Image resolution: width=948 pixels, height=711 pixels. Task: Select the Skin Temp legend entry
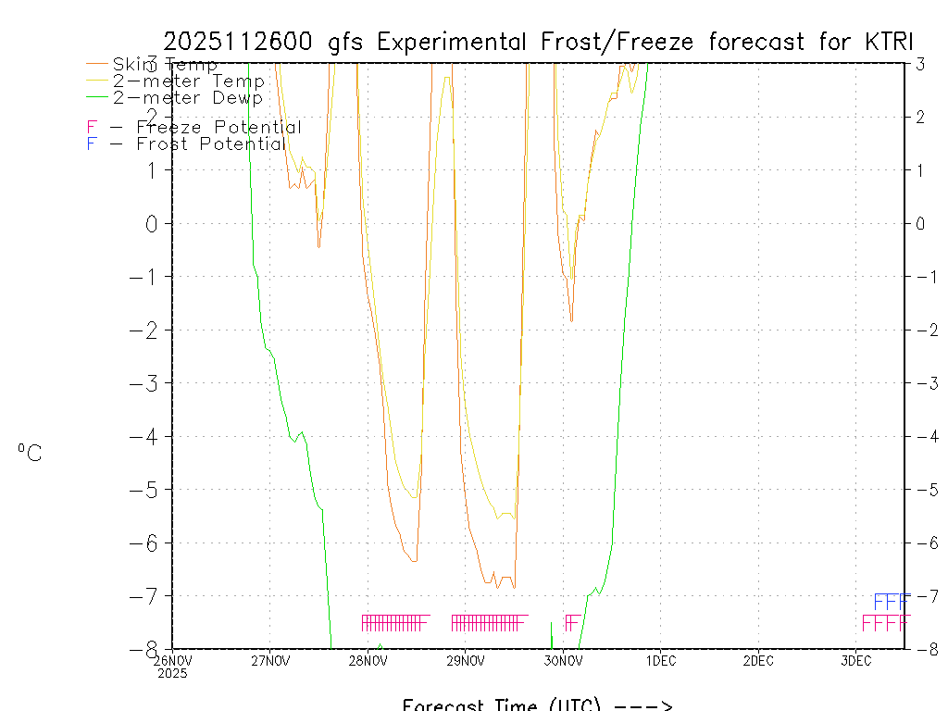(165, 65)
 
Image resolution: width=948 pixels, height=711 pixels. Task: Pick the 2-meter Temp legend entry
(189, 81)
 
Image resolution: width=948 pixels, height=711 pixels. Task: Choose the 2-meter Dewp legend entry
(188, 98)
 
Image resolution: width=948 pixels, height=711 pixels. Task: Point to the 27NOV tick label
(269, 661)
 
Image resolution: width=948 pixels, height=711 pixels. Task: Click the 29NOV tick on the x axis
(466, 661)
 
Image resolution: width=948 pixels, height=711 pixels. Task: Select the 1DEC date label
(660, 661)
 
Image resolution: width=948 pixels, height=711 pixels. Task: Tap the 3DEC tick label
(856, 661)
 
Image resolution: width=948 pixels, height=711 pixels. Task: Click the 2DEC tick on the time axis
(758, 661)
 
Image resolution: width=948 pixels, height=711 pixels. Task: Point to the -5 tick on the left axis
(148, 489)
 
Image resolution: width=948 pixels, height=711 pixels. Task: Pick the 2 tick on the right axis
(920, 117)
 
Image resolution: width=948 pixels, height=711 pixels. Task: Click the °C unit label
(30, 453)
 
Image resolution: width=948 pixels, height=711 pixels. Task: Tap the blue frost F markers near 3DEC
(891, 601)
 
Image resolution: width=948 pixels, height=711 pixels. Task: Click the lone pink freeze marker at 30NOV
(572, 622)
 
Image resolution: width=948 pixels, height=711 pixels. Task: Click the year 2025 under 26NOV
(172, 673)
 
